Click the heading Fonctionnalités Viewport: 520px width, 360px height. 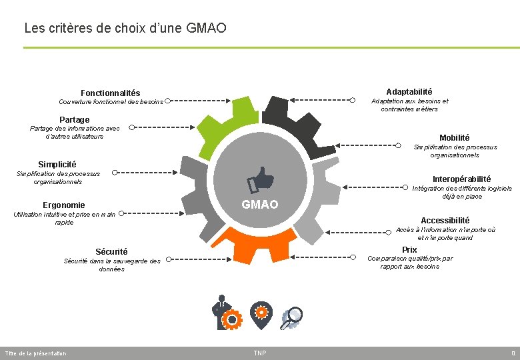(111, 93)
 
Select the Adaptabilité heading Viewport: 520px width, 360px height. (409, 91)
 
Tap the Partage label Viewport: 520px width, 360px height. (74, 120)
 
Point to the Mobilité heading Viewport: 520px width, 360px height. (454, 138)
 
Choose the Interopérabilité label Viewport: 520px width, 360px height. (461, 179)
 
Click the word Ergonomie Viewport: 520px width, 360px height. (63, 205)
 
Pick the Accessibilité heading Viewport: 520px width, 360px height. (445, 221)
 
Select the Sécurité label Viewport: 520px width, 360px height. (111, 252)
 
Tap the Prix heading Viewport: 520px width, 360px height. (409, 250)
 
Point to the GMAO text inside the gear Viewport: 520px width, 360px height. (260, 205)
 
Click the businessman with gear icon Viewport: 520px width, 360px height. (225, 313)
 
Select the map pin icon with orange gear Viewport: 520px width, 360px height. (261, 312)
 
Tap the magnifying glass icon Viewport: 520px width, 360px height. (291, 318)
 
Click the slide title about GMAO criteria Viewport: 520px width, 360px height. (125, 28)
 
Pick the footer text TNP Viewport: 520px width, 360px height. (259, 353)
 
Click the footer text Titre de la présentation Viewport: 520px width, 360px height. (35, 353)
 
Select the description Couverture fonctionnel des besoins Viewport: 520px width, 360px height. (111, 102)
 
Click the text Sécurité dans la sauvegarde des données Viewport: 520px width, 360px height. (111, 265)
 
